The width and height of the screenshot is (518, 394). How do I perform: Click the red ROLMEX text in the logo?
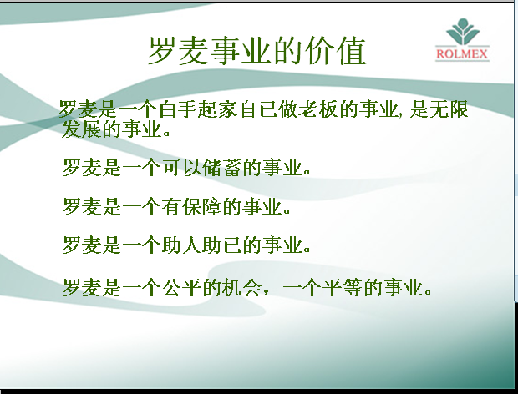coord(462,53)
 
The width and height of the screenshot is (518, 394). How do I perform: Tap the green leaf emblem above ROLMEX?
coord(463,32)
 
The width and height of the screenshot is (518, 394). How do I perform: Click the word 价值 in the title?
coord(336,51)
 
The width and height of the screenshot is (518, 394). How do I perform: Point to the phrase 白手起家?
coord(198,109)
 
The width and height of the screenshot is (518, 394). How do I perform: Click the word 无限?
coord(449,109)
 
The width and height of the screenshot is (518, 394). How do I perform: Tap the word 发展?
coord(81,129)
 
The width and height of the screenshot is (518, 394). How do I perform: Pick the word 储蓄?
coord(222,167)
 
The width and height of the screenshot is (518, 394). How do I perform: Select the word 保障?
coord(202,207)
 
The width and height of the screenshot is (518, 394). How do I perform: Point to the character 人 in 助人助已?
coord(192,245)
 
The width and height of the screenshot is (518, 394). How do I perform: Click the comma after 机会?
coord(267,293)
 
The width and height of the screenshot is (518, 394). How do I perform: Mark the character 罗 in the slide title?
coord(162,51)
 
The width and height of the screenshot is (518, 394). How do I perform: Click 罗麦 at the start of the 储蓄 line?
coord(81,167)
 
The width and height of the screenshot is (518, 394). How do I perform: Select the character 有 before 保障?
coord(171,207)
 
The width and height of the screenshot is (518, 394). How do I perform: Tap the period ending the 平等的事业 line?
coord(428,292)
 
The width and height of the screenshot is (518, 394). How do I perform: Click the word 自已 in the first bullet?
coord(258,109)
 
